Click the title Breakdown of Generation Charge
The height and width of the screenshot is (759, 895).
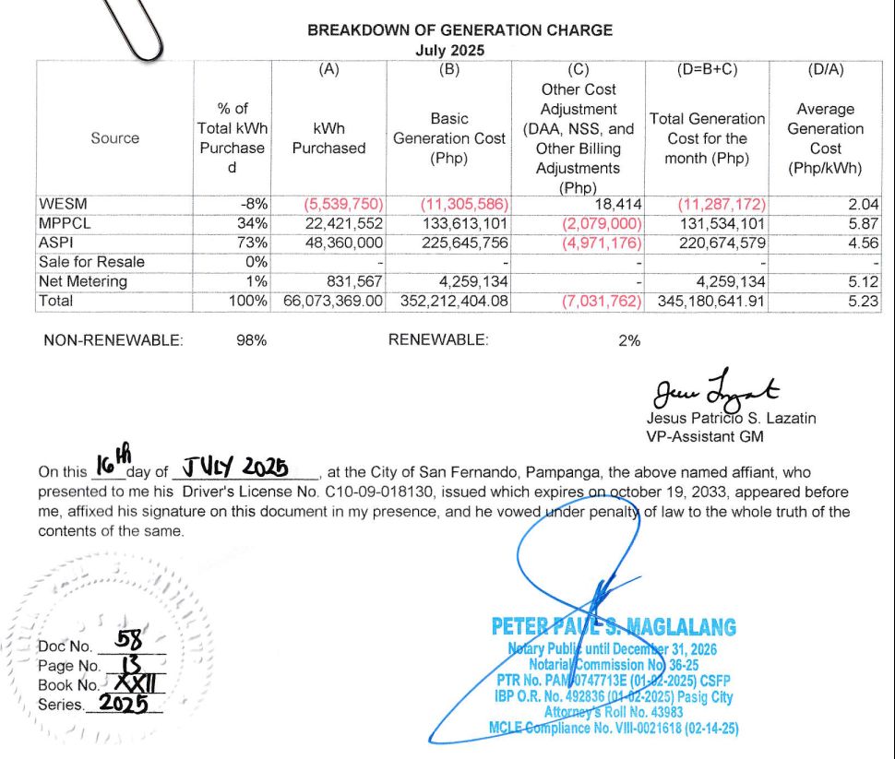tap(459, 30)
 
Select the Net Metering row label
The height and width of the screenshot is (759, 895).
tap(83, 281)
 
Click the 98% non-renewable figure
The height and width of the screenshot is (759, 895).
tap(251, 340)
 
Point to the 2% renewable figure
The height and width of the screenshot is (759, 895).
tap(628, 340)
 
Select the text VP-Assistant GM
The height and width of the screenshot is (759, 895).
tap(698, 436)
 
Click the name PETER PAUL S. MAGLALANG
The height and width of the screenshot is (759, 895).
tap(614, 628)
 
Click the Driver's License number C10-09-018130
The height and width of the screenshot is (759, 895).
tap(371, 492)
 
